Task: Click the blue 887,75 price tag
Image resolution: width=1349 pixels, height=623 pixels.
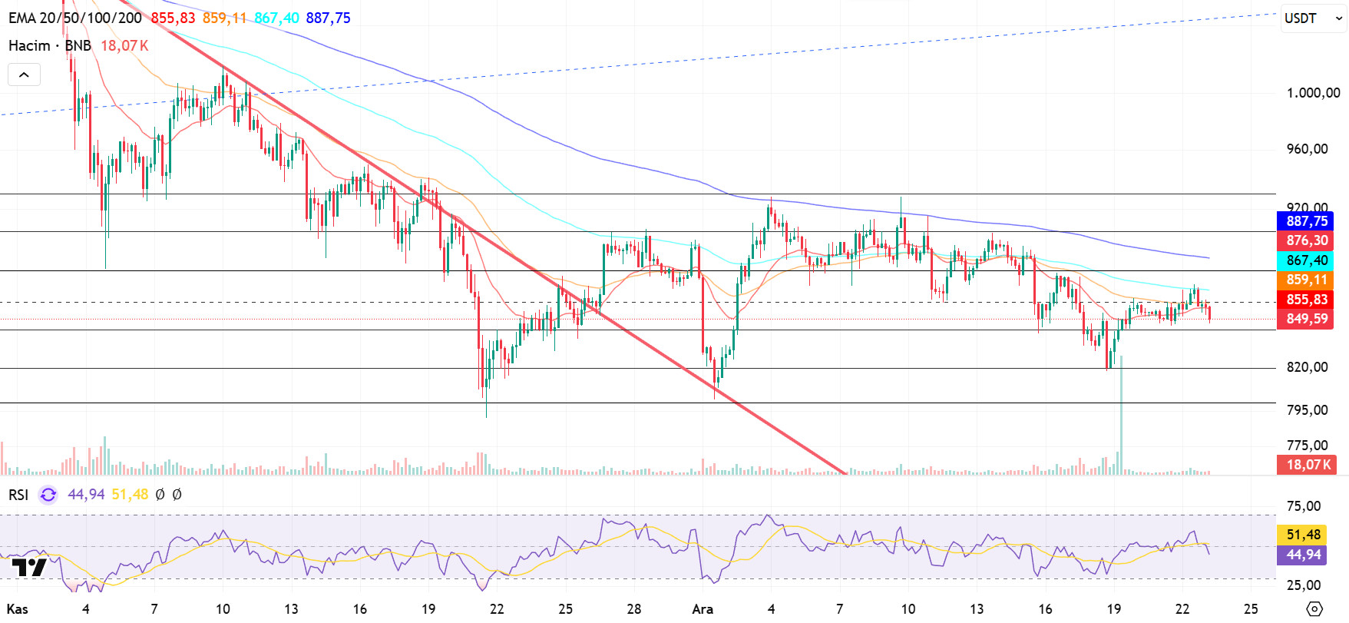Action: [x=1305, y=221]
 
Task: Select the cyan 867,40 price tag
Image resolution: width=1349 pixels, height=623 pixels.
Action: [x=1305, y=260]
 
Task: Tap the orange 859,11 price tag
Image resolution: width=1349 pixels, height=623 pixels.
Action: [x=1305, y=280]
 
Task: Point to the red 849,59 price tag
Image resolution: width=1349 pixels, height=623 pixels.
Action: [x=1305, y=319]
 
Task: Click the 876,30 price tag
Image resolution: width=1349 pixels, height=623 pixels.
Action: [x=1305, y=240]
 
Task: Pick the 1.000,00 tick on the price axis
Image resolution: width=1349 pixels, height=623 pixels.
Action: [x=1313, y=93]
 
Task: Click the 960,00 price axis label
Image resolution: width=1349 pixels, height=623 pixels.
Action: [x=1307, y=149]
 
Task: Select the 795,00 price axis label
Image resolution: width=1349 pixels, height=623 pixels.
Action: [x=1307, y=410]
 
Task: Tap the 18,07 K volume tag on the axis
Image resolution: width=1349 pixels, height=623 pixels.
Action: [x=1305, y=465]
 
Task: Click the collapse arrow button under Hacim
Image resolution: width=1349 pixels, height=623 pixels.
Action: [x=24, y=75]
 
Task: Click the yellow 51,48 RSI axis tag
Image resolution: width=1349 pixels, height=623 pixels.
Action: [x=1304, y=535]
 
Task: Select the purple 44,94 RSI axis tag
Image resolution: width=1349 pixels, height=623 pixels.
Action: [x=1304, y=555]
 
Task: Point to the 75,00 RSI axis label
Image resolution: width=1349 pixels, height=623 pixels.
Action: [x=1304, y=506]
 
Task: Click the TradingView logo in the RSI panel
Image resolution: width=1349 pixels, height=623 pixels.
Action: [x=29, y=568]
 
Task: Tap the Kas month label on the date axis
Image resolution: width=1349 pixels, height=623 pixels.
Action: [x=17, y=609]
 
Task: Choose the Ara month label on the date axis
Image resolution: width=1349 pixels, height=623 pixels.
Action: [x=703, y=609]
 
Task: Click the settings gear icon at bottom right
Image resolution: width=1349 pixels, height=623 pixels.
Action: [x=1314, y=609]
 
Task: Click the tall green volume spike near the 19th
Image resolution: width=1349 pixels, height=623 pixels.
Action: [x=1121, y=415]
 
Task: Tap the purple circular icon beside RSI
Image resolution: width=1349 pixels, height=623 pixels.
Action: [x=48, y=495]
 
